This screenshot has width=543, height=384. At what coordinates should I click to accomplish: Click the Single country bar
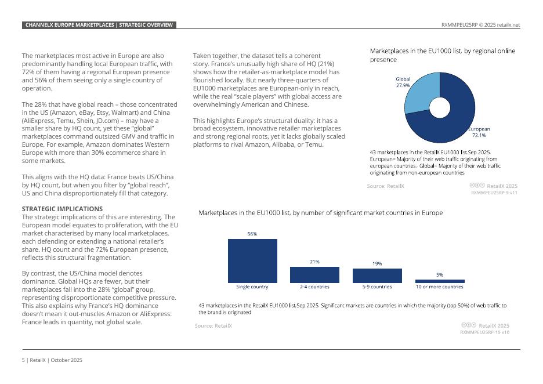[x=252, y=260]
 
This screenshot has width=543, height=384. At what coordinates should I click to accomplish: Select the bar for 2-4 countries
[x=314, y=274]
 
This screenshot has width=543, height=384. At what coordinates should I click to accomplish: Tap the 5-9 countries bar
[x=377, y=276]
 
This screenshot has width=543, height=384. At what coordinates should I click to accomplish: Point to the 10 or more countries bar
[x=440, y=281]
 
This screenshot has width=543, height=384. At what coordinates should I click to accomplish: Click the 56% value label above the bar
[x=252, y=234]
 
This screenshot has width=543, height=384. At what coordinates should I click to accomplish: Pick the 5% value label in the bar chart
[x=440, y=274]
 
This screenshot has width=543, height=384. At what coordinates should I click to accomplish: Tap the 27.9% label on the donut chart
[x=403, y=85]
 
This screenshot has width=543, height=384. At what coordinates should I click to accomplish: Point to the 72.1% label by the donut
[x=479, y=135]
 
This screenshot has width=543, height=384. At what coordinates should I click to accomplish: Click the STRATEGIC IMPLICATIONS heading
[x=62, y=209]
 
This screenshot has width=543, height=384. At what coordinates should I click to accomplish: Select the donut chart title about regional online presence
[x=442, y=55]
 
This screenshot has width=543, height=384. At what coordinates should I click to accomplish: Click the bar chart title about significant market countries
[x=321, y=213]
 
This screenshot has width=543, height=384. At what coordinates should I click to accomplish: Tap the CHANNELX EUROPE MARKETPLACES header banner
[x=99, y=25]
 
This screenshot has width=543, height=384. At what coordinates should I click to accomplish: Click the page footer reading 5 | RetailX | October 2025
[x=52, y=360]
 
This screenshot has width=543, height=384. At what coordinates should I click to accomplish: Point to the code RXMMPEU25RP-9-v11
[x=494, y=193]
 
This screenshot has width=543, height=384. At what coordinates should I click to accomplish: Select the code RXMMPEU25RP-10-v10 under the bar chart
[x=484, y=332]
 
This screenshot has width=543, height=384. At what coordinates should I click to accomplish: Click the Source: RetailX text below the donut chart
[x=385, y=186]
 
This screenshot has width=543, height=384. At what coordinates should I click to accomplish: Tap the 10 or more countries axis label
[x=440, y=287]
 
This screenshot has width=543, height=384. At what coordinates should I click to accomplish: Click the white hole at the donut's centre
[x=440, y=108]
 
